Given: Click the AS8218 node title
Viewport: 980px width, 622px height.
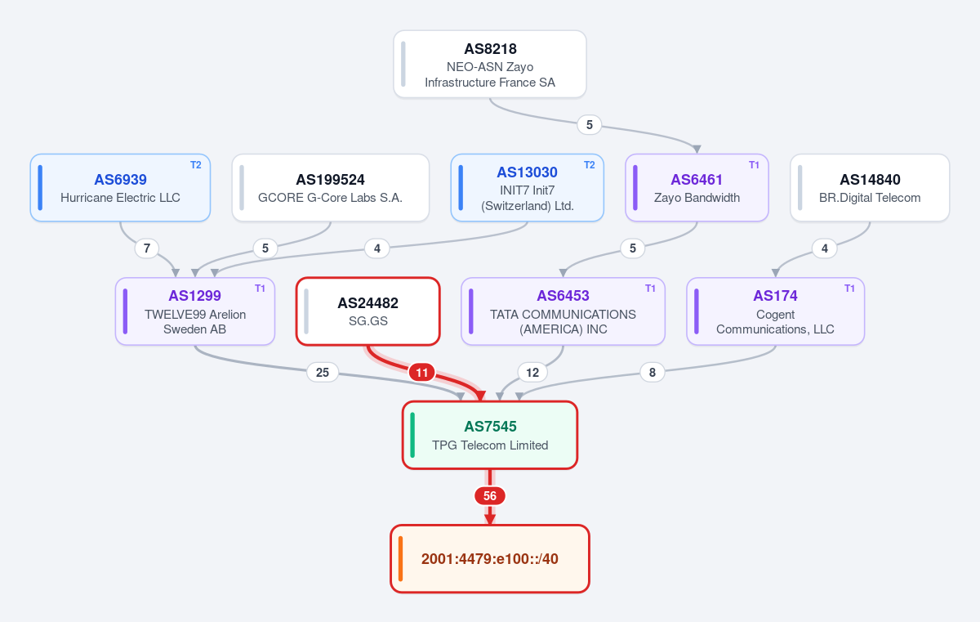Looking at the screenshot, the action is (490, 48).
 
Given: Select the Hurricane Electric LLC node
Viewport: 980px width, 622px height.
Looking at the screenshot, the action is (120, 187).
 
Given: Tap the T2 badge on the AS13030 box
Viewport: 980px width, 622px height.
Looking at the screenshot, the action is (589, 165).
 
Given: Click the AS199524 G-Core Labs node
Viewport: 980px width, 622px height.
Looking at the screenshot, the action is (330, 187).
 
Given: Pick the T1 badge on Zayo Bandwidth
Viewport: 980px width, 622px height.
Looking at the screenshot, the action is (753, 165).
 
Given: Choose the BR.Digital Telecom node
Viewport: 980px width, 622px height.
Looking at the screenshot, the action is (870, 187).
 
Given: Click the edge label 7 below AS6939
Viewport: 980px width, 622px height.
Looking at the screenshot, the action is (147, 248).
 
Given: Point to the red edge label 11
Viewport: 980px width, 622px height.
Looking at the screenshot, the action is (421, 373).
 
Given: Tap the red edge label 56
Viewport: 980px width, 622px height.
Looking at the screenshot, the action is (490, 496).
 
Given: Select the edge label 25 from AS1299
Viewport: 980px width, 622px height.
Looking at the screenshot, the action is (323, 373).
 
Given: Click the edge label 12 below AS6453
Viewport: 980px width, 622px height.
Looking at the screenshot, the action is (532, 373).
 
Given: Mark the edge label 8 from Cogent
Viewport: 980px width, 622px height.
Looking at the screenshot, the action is (653, 373).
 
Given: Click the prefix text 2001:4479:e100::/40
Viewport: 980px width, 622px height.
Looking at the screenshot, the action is (489, 559).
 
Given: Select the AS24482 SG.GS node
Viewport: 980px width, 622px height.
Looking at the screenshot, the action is (368, 311).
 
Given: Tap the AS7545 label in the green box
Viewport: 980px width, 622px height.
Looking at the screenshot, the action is (490, 427).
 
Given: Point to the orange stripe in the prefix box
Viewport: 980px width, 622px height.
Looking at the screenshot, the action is (400, 559).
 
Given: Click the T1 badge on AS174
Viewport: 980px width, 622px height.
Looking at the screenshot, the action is (849, 289).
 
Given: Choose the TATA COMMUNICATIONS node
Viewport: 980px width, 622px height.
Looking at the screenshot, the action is (563, 311).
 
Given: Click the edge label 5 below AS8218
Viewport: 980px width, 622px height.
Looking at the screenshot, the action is (590, 125).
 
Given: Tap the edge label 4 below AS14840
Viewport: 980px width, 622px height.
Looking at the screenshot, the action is (825, 248).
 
